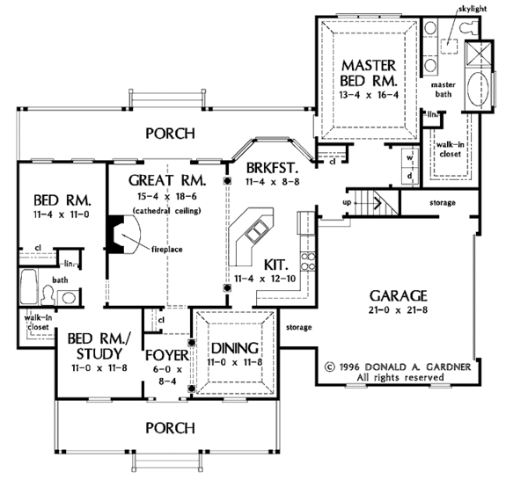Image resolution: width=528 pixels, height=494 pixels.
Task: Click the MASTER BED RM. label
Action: point(369,73)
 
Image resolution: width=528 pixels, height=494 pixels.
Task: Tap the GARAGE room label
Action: point(399,296)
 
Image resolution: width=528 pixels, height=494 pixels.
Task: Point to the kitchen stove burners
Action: point(308,262)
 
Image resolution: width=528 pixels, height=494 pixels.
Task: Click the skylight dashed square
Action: point(449,46)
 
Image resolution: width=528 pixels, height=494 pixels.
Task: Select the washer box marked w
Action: point(410,157)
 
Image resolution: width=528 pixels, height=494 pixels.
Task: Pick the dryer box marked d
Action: point(410,176)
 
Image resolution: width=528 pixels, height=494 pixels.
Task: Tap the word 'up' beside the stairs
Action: point(347,202)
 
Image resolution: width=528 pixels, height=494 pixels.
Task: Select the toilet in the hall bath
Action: point(48,295)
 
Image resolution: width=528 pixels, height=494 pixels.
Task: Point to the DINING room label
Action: point(235,348)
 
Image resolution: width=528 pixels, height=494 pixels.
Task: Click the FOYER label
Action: point(167,355)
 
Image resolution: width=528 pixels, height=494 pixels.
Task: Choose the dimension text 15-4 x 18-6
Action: point(167,196)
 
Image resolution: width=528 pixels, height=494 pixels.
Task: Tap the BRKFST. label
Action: point(273,167)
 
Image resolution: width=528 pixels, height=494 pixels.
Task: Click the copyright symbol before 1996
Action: point(330,367)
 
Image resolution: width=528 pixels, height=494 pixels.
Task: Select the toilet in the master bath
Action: point(470,27)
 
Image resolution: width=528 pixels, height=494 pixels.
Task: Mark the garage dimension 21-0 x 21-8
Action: point(398,309)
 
